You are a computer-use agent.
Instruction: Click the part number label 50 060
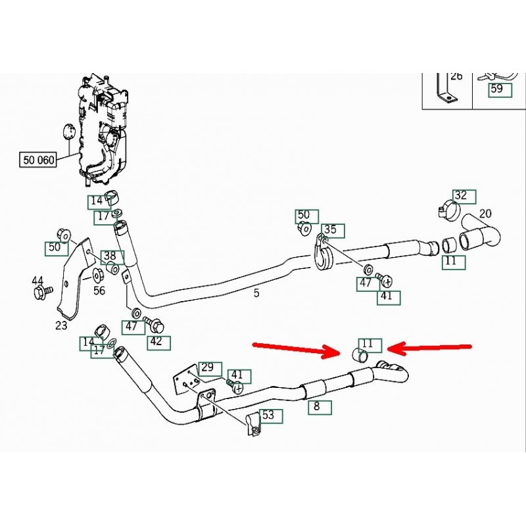coord(39,159)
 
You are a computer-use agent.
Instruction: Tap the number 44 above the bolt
coord(38,281)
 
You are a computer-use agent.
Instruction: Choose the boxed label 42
coord(156,342)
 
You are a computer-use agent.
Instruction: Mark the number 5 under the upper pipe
coord(256,293)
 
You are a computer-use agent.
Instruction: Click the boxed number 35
coord(330,229)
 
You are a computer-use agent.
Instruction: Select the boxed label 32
coord(461,195)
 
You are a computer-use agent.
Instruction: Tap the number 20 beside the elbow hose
coord(485,213)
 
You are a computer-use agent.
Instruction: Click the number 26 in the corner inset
coord(457,76)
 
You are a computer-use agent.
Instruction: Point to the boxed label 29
coord(207,367)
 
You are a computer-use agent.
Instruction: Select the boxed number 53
coord(268,416)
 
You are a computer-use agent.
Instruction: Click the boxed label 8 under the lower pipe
coord(316,406)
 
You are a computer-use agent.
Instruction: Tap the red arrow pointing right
coord(296,349)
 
